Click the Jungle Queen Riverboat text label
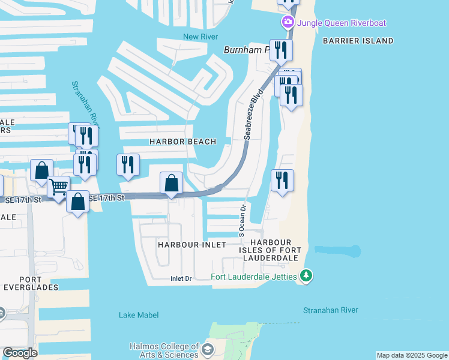[x=340, y=23]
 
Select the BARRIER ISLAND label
[x=357, y=41]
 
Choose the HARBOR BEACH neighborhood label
[x=182, y=142]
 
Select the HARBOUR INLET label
[x=191, y=245]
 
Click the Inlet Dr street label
[x=181, y=278]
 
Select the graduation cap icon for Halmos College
[x=208, y=350]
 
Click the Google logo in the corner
[x=19, y=353]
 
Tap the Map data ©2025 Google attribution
[x=411, y=355]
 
